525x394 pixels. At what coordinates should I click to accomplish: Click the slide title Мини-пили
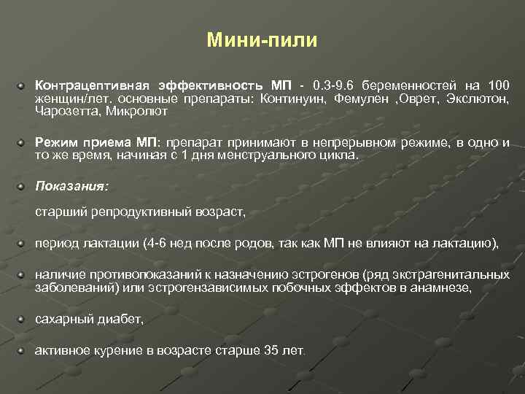(x=262, y=40)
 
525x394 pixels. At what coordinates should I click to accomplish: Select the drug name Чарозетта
(x=67, y=112)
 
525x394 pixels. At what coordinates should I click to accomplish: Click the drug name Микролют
(x=136, y=112)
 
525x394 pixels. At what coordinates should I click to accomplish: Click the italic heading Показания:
(x=72, y=187)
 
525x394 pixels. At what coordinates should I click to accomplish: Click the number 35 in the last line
(x=271, y=350)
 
